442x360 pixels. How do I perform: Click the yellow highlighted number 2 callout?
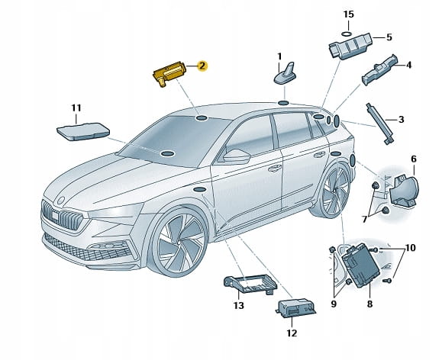pyautogui.click(x=202, y=66)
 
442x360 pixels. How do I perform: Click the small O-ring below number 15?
pyautogui.click(x=347, y=34)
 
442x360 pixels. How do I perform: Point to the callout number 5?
pyautogui.click(x=389, y=37)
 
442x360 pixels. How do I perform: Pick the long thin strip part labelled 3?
pyautogui.click(x=380, y=124)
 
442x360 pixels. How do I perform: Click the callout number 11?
pyautogui.click(x=76, y=108)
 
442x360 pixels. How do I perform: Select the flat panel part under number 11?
pyautogui.click(x=83, y=131)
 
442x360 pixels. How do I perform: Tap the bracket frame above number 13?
pyautogui.click(x=250, y=284)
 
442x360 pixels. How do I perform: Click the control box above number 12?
pyautogui.click(x=296, y=308)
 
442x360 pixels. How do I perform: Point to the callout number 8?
pyautogui.click(x=369, y=304)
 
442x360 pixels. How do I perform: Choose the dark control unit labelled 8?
pyautogui.click(x=361, y=265)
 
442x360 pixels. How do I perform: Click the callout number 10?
pyautogui.click(x=410, y=248)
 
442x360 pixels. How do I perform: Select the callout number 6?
pyautogui.click(x=414, y=159)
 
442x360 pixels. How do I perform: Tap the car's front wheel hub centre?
pyautogui.click(x=179, y=243)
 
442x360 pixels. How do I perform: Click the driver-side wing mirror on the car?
pyautogui.click(x=236, y=156)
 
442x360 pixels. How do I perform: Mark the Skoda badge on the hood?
pyautogui.click(x=60, y=201)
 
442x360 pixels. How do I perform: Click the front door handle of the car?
pyautogui.click(x=275, y=168)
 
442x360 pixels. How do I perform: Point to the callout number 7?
pyautogui.click(x=364, y=220)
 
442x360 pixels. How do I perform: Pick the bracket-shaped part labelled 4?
pyautogui.click(x=379, y=70)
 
